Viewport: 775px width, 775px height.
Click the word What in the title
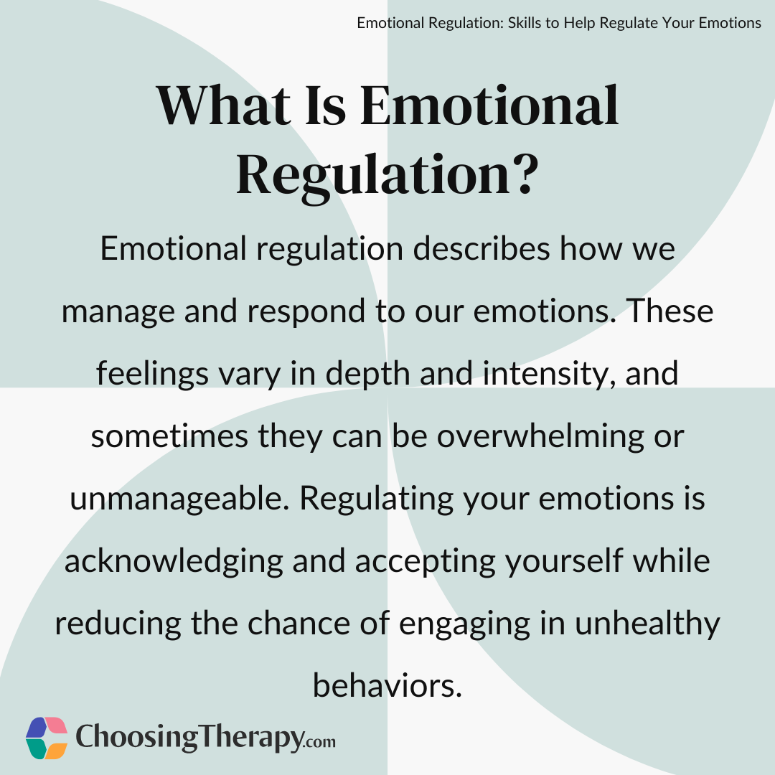(x=224, y=105)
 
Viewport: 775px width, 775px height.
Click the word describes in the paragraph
(x=481, y=248)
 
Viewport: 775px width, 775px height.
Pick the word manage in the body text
(x=118, y=313)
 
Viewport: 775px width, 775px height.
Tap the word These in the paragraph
(x=670, y=311)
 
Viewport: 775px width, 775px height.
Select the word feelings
(x=151, y=374)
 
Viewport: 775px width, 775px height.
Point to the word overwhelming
(x=540, y=436)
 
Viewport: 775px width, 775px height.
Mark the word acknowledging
(x=174, y=562)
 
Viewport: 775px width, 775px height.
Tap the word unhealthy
(x=647, y=624)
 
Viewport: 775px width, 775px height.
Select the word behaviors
(x=387, y=686)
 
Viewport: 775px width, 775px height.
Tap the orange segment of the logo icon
(x=57, y=749)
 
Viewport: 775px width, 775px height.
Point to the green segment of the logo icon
(x=37, y=749)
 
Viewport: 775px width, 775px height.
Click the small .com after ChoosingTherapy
(x=320, y=741)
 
